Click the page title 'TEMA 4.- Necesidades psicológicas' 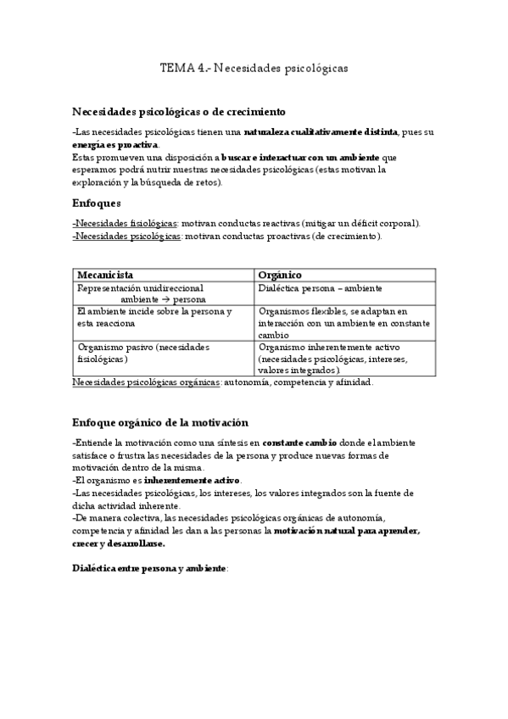click(254, 66)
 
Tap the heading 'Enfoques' click(97, 203)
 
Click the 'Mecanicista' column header click(105, 276)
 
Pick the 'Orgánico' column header click(281, 276)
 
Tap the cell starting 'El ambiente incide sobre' click(154, 317)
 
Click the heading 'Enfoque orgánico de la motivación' click(159, 421)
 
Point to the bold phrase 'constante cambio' click(299, 443)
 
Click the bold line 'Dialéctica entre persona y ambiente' click(149, 567)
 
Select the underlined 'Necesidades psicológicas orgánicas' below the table click(147, 382)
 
